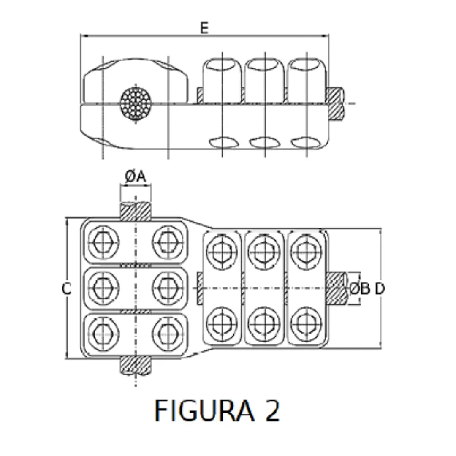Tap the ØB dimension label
click(x=360, y=289)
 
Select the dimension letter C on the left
click(x=66, y=289)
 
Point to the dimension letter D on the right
click(x=380, y=289)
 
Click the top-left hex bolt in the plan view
click(x=103, y=242)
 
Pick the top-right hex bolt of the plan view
click(x=306, y=251)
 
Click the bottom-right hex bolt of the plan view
click(x=306, y=324)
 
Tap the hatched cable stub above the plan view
click(x=135, y=211)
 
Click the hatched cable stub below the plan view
click(x=135, y=366)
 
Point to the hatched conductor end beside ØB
click(x=337, y=289)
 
